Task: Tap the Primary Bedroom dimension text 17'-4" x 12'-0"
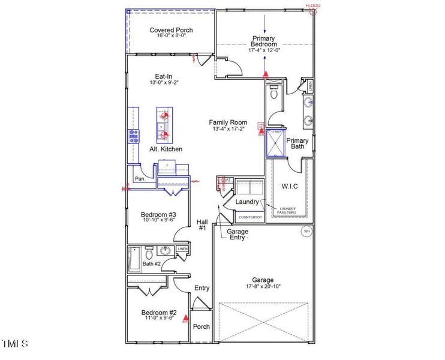(x=264, y=50)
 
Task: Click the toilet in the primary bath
(x=274, y=93)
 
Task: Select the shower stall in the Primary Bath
(x=276, y=142)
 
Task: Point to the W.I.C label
(x=290, y=186)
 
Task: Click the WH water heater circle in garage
(x=306, y=231)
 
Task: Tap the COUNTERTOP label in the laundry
(x=249, y=217)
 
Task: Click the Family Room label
(x=228, y=122)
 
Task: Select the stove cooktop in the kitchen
(x=133, y=136)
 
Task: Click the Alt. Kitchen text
(x=166, y=149)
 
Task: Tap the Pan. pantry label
(x=140, y=179)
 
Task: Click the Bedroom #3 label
(x=158, y=215)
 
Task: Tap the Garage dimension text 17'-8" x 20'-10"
(x=263, y=287)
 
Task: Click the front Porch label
(x=202, y=327)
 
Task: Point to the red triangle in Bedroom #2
(x=186, y=318)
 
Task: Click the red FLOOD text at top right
(x=313, y=6)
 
